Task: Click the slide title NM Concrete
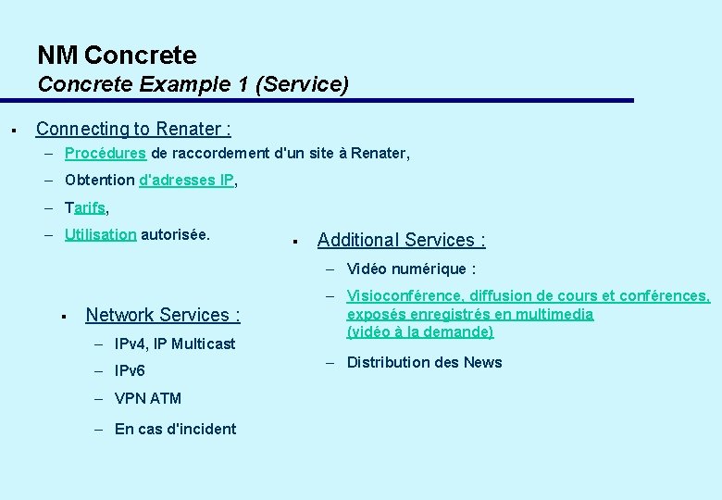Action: click(x=117, y=56)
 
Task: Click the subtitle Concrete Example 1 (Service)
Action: click(x=193, y=84)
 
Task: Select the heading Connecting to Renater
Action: click(x=133, y=129)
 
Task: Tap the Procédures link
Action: click(x=106, y=153)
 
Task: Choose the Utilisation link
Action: click(x=101, y=234)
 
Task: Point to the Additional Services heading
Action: click(x=401, y=240)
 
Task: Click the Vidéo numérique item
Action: click(x=411, y=269)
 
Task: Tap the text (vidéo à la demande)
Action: click(x=420, y=331)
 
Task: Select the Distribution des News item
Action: click(x=424, y=362)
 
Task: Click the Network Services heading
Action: click(x=163, y=315)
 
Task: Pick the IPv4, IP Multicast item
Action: click(x=175, y=344)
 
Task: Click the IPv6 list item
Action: click(x=130, y=371)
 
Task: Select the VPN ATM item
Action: click(x=148, y=398)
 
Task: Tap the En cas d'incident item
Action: click(x=175, y=429)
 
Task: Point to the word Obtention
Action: click(x=100, y=180)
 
